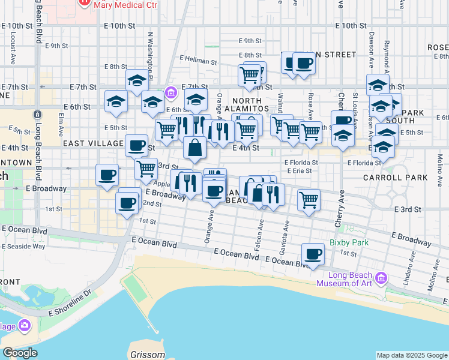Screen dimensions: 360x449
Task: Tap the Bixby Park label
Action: click(349, 243)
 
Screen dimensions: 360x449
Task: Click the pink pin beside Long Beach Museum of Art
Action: click(381, 278)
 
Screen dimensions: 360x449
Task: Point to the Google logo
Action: click(20, 353)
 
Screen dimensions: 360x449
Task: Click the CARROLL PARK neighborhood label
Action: click(396, 178)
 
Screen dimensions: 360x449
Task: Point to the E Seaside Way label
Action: click(23, 246)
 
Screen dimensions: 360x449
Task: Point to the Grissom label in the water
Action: click(148, 355)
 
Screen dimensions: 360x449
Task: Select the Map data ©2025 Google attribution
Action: click(412, 355)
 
